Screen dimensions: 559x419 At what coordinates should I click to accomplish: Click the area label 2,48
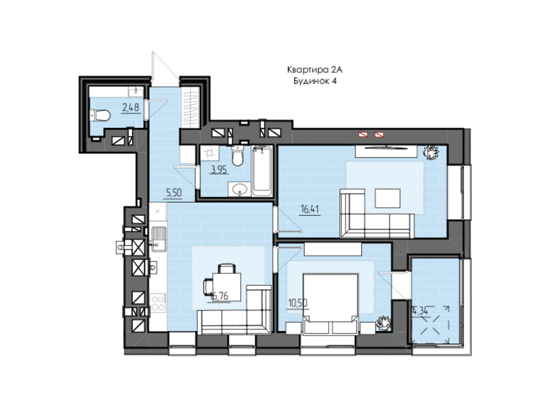[131, 107]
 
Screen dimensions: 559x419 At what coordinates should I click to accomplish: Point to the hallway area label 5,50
[174, 193]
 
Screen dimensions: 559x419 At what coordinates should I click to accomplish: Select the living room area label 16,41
[310, 209]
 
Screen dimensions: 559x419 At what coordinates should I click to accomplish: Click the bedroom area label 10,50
[297, 303]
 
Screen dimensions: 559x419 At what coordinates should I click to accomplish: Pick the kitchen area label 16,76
[219, 296]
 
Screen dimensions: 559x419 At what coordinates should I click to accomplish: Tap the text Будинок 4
[315, 81]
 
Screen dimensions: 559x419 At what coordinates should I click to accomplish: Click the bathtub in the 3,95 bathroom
[262, 171]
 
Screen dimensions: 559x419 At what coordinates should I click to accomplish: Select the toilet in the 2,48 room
[100, 115]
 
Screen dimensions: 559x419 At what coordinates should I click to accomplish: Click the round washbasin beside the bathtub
[240, 189]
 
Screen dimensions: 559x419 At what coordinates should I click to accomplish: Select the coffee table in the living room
[387, 198]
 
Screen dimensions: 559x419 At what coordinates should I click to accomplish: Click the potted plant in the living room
[431, 152]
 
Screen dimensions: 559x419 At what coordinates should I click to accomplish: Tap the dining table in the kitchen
[227, 287]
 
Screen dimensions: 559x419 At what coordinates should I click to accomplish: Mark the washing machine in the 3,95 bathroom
[210, 153]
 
